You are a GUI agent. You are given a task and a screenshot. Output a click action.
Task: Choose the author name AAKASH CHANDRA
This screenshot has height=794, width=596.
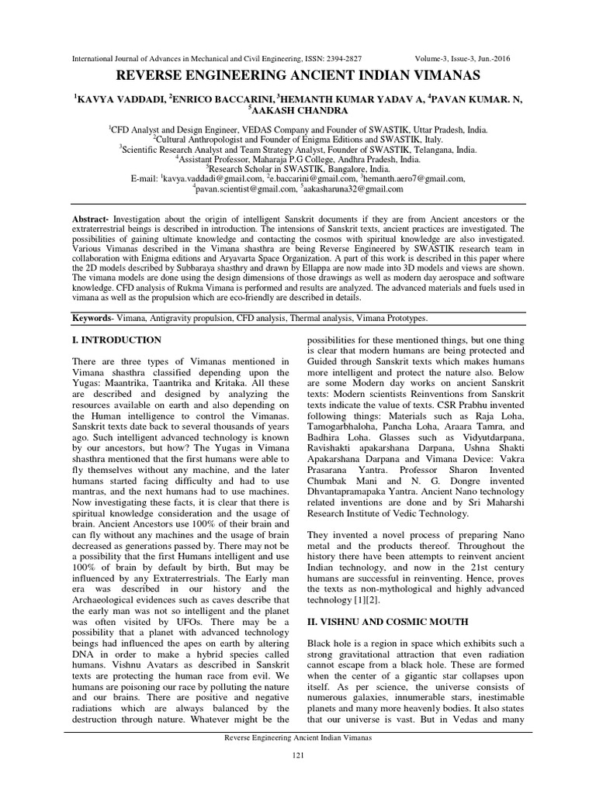300,111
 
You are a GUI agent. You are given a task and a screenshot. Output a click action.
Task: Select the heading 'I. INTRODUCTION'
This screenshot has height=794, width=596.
116,340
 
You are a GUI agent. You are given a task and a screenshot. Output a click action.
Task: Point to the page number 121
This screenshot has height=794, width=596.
297,755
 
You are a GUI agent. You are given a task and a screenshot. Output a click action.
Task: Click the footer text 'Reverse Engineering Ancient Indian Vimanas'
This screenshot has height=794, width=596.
297,738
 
